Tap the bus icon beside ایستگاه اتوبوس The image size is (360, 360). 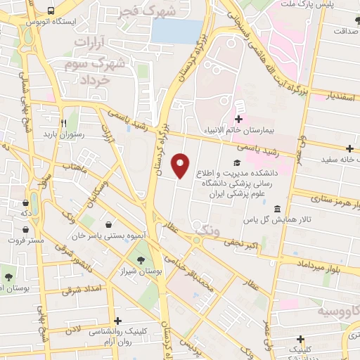tap(51, 11)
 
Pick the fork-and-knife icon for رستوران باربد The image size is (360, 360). tap(63, 120)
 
